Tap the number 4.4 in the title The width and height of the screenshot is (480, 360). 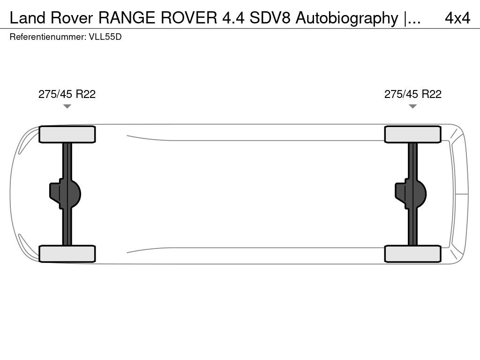coord(233,18)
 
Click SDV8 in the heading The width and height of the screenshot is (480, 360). coord(270,18)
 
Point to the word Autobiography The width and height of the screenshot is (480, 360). coord(346,18)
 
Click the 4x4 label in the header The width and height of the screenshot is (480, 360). coord(457,18)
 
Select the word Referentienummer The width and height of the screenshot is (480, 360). coord(47,37)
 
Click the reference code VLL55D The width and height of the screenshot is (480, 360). coord(105,37)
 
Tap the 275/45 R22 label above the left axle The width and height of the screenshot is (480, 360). coord(67,94)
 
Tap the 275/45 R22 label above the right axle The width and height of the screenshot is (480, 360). coord(413,94)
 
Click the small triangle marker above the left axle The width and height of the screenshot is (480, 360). coord(67,106)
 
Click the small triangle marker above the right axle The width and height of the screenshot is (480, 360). coord(413,106)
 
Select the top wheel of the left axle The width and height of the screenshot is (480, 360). coord(67,135)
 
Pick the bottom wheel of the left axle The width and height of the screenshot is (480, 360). coord(67,254)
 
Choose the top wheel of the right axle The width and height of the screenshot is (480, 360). coord(413,135)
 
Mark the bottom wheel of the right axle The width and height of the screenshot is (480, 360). coord(413,254)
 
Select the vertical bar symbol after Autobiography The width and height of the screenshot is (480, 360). coord(405,18)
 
